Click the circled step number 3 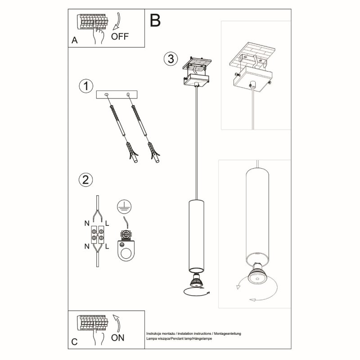169,58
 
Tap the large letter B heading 155,20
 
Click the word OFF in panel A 120,36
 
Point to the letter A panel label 74,40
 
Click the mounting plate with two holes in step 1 117,95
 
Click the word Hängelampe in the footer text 200,337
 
